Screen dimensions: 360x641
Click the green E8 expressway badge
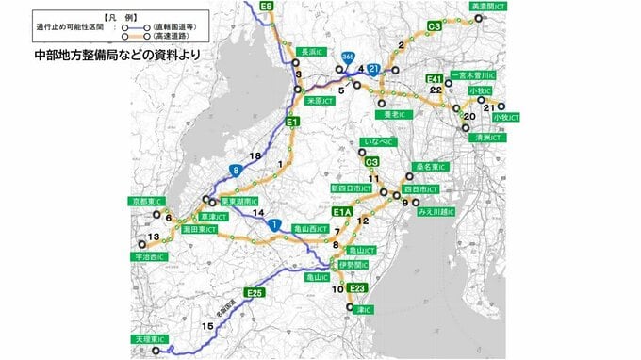[267, 7]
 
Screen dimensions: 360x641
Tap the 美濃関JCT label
[489, 7]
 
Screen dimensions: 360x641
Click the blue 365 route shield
[349, 57]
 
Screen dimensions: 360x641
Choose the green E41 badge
[435, 78]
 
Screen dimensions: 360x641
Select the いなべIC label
[374, 142]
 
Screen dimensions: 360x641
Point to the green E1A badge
[341, 213]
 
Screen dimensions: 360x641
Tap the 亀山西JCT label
[308, 229]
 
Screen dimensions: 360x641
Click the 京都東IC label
[148, 202]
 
